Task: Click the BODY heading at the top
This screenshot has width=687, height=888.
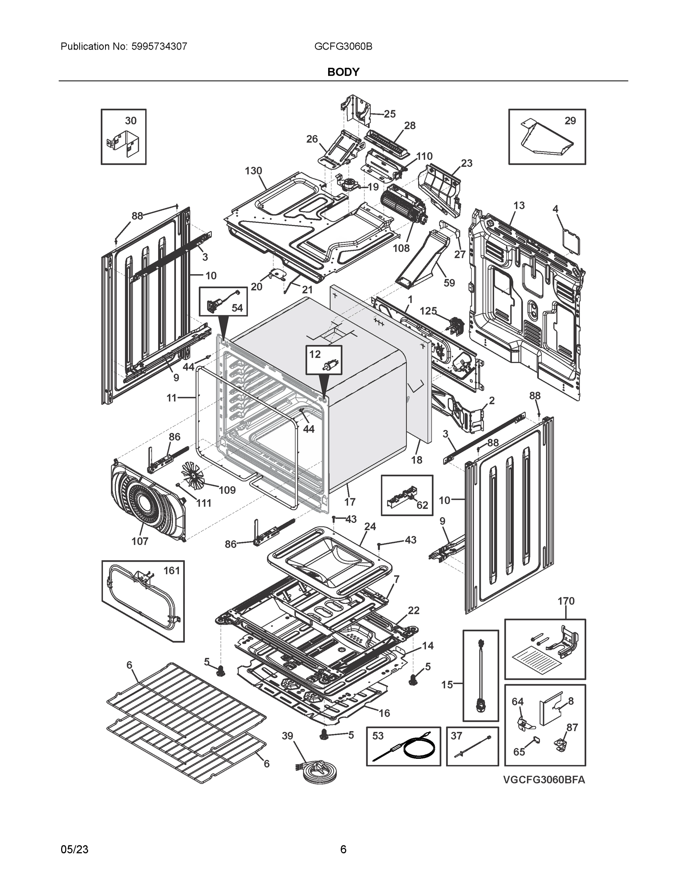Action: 343,72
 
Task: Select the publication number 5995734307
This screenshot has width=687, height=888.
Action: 159,47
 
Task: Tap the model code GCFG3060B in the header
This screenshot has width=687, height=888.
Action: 343,47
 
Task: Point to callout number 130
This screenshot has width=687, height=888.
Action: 253,171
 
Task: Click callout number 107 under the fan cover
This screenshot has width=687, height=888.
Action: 140,541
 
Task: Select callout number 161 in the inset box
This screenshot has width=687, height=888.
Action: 171,571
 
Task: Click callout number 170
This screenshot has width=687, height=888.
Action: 566,601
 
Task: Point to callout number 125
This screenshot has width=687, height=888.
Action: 428,311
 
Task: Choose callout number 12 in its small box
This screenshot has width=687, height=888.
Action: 315,354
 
